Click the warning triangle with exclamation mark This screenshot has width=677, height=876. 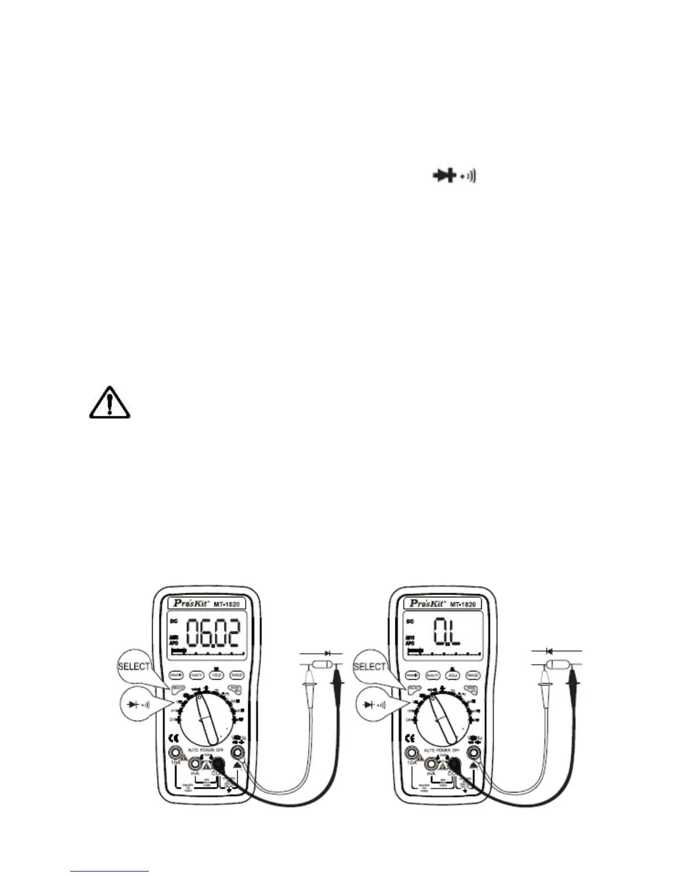pos(110,403)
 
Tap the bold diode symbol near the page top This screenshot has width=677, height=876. pos(444,176)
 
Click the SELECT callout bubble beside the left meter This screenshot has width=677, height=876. pos(134,667)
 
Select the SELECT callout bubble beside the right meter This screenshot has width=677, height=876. pos(369,667)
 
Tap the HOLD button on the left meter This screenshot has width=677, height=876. pos(216,675)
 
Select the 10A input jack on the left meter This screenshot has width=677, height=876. pos(176,753)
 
